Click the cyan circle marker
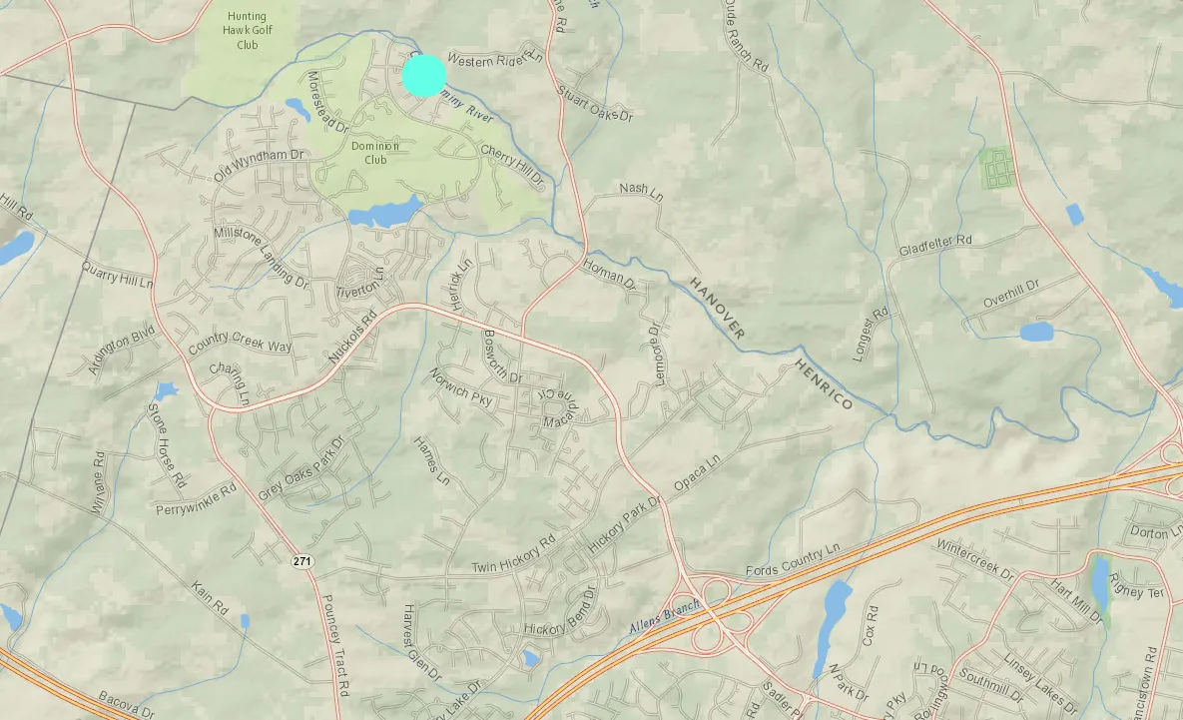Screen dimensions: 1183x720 coord(424,75)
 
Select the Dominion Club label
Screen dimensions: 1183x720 coord(375,153)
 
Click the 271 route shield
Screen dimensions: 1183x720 coord(303,562)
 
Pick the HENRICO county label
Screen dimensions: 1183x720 coord(824,384)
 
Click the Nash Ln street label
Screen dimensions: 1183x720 coord(641,190)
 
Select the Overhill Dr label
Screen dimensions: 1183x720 coord(1011,287)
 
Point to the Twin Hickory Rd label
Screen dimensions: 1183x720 coord(513,558)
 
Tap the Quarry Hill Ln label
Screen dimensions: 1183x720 coord(118,276)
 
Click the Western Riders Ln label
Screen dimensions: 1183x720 coord(495,61)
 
